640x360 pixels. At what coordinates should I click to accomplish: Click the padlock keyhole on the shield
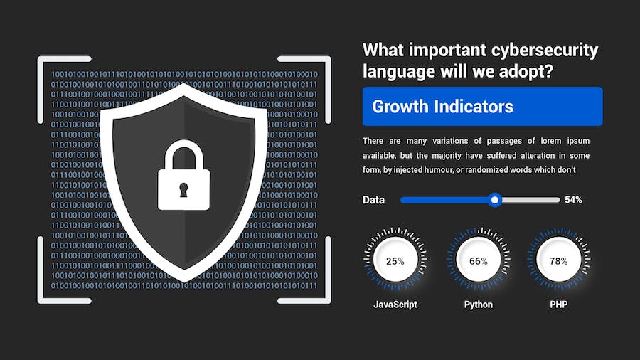[x=184, y=190]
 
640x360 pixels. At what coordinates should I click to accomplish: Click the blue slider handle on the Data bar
[x=496, y=200]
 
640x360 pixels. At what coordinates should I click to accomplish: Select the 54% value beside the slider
[x=573, y=200]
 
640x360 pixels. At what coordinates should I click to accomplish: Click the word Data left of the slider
[x=373, y=200]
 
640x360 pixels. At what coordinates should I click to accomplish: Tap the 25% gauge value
[x=395, y=261]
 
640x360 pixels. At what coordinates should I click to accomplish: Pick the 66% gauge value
[x=479, y=261]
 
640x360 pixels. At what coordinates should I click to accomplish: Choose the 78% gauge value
[x=558, y=261]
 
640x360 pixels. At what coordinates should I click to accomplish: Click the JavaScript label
[x=395, y=305]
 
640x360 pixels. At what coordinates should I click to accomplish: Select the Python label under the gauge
[x=479, y=305]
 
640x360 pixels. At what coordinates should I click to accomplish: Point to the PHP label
[x=558, y=305]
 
